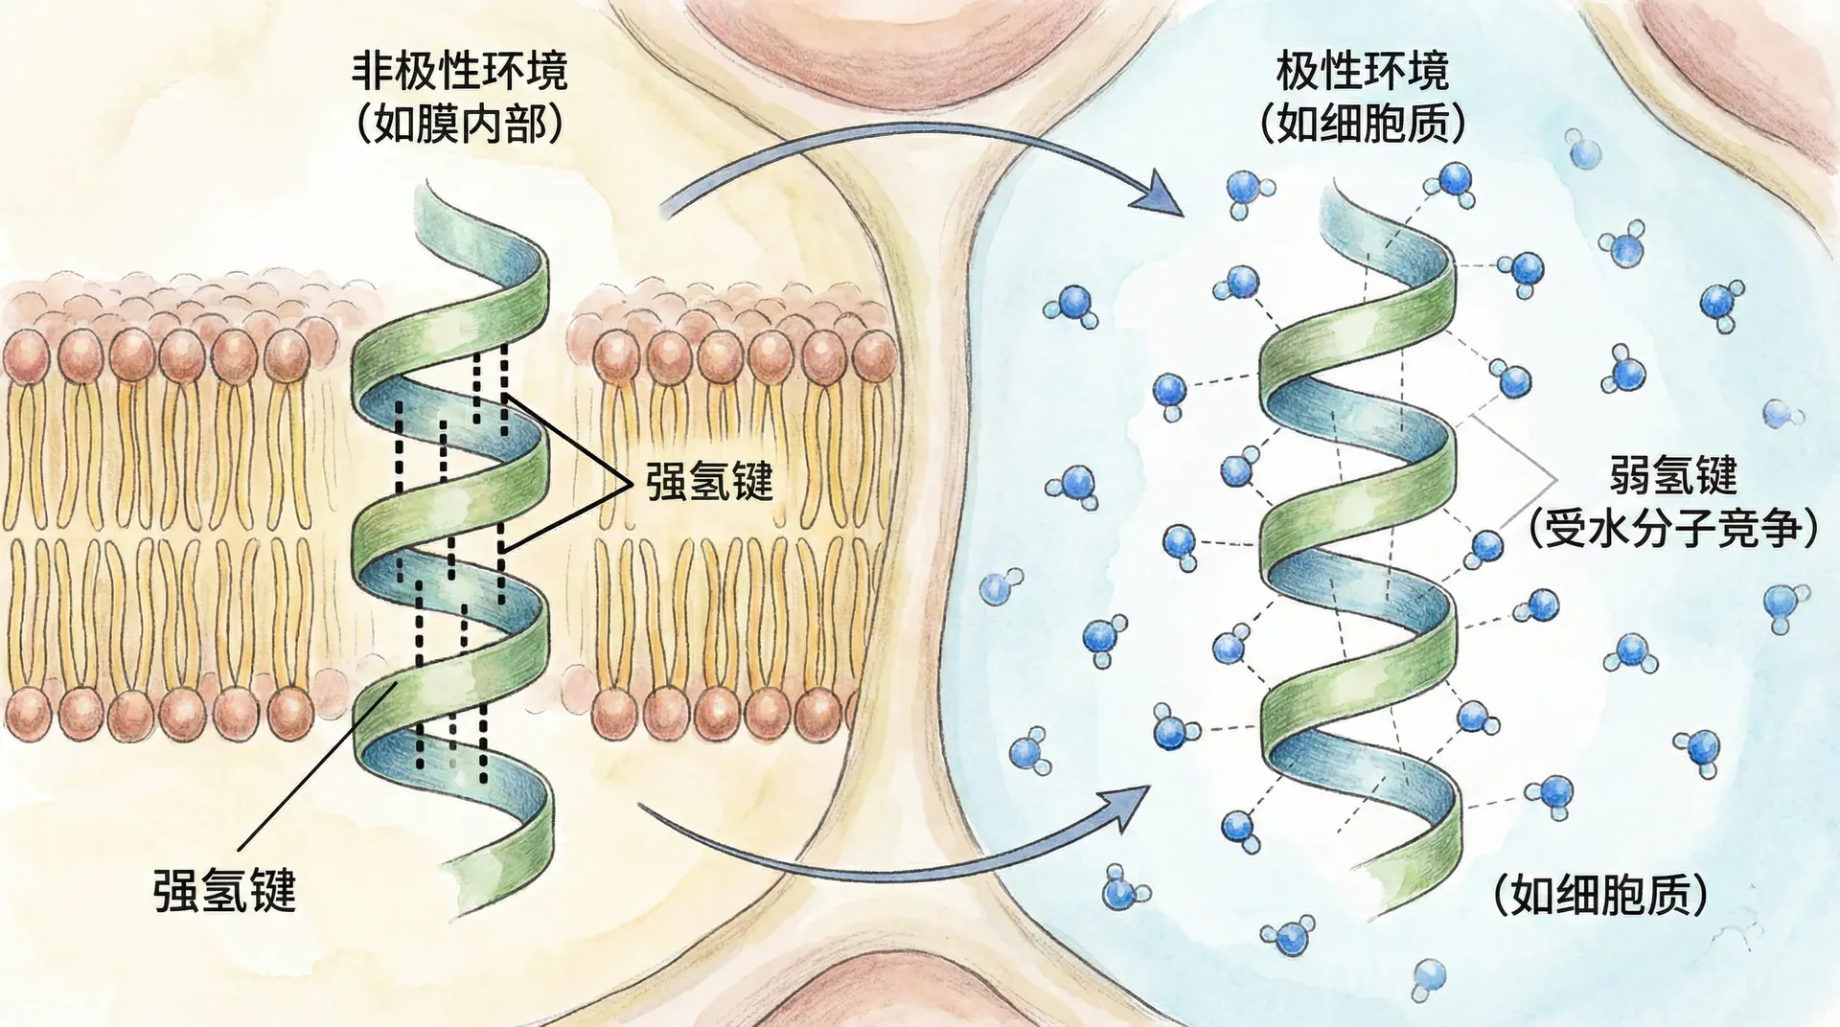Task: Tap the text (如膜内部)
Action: tap(460, 126)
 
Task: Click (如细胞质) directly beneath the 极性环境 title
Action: tap(1362, 125)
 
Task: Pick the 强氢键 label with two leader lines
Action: tap(708, 481)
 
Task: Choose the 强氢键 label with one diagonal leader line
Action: tap(224, 890)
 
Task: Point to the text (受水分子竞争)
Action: tap(1672, 528)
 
